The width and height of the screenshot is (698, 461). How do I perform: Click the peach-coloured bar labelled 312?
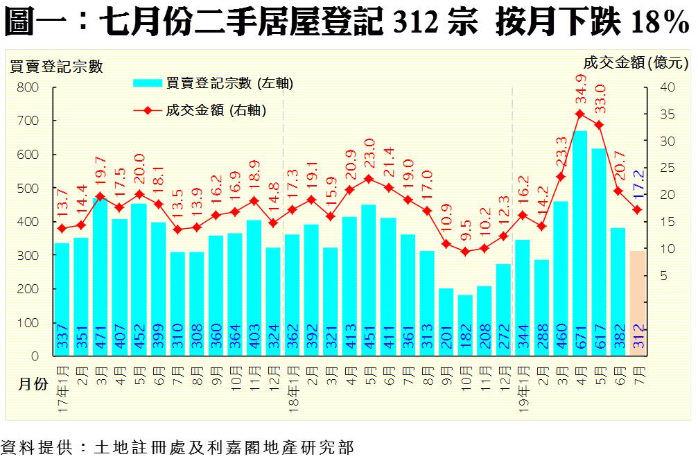[637, 303]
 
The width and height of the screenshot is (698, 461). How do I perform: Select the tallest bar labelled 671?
[579, 243]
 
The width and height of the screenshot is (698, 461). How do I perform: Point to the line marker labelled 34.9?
[580, 114]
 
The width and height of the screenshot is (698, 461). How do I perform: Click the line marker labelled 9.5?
[464, 252]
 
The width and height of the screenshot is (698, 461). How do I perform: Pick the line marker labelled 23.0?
[369, 178]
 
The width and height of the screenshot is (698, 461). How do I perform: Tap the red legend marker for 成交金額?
[147, 110]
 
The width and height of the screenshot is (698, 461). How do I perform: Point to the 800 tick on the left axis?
[28, 87]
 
